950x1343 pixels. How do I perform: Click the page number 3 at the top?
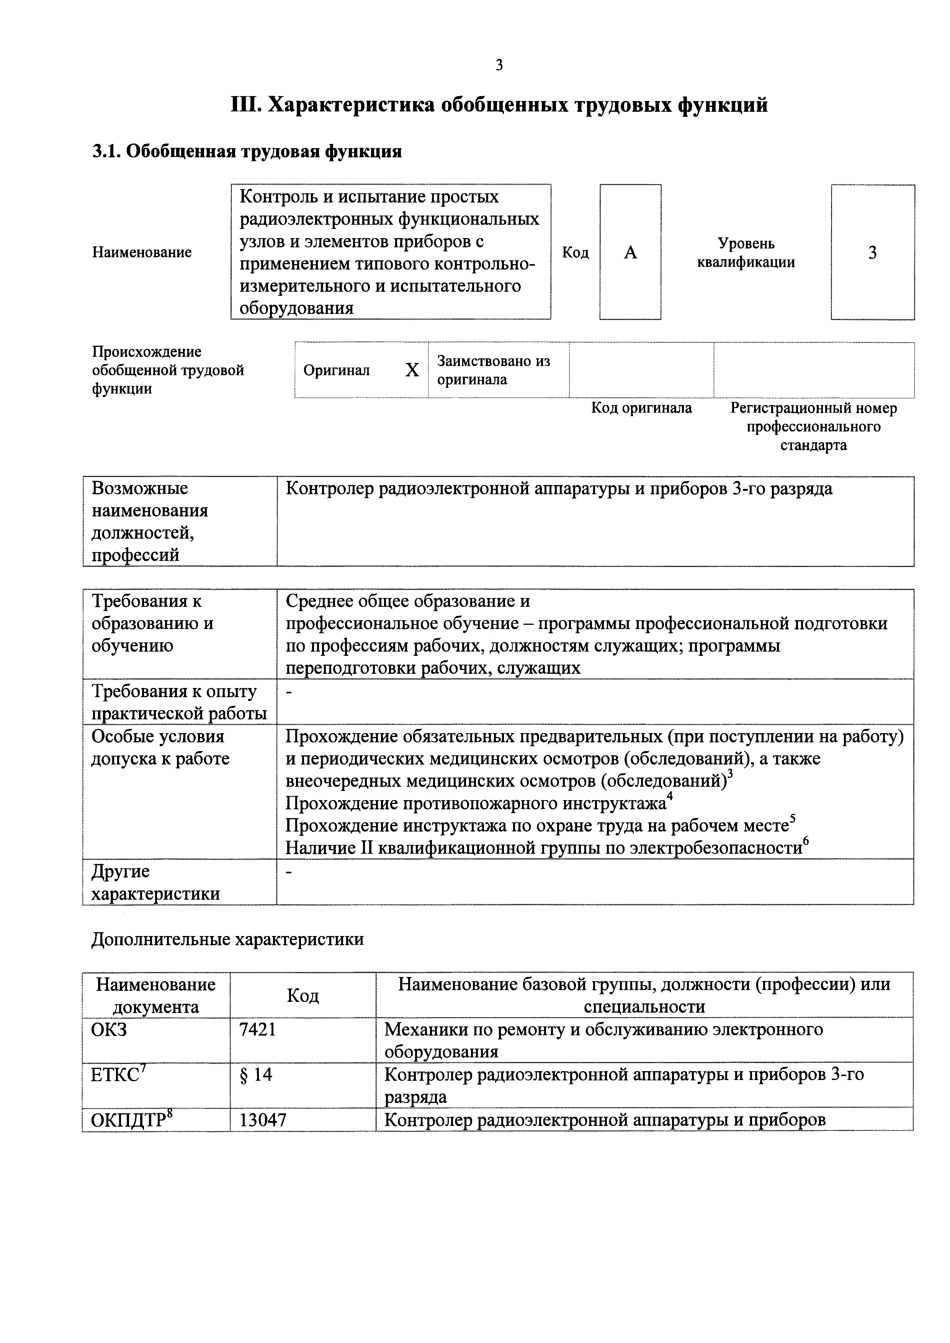pyautogui.click(x=499, y=65)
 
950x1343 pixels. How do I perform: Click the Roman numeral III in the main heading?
pyautogui.click(x=246, y=105)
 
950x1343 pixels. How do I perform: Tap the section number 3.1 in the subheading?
pyautogui.click(x=106, y=152)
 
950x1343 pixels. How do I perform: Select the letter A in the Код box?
pyautogui.click(x=630, y=252)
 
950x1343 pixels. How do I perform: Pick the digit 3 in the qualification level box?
pyautogui.click(x=872, y=253)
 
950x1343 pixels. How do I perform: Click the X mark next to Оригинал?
pyautogui.click(x=412, y=370)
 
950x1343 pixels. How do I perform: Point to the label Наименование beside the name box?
pyautogui.click(x=142, y=252)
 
